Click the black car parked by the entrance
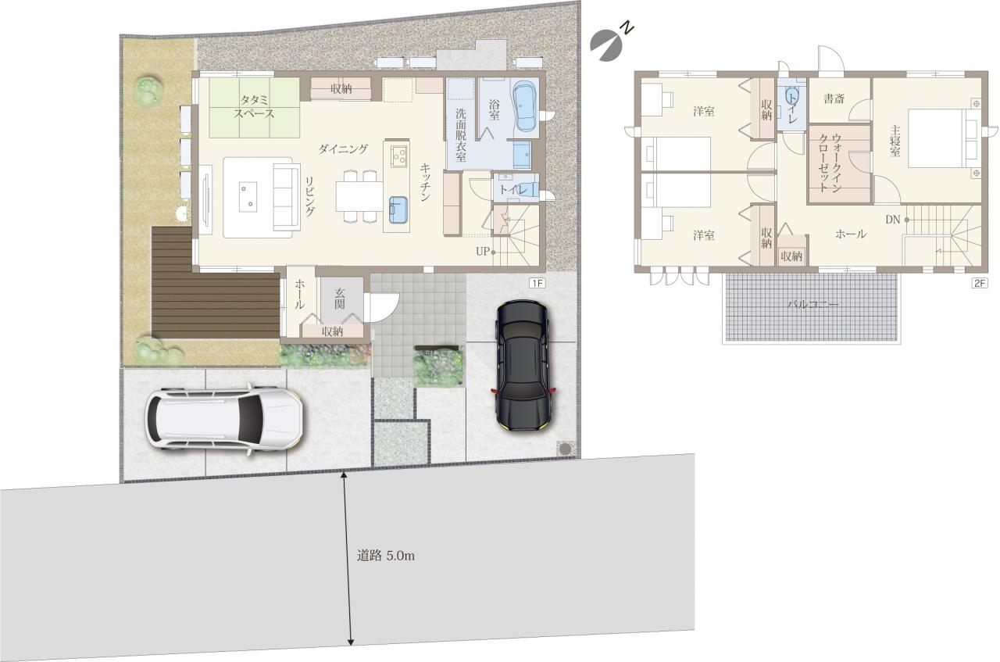[523, 366]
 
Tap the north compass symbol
[611, 41]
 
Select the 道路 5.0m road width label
[385, 556]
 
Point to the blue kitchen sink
[398, 209]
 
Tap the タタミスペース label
[255, 106]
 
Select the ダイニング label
[343, 149]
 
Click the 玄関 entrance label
[340, 299]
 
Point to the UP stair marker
[483, 252]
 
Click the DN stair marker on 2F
[893, 220]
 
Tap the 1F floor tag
[537, 283]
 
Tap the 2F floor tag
[980, 283]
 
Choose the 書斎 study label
[834, 98]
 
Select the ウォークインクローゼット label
[830, 163]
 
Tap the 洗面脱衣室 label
[460, 134]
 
